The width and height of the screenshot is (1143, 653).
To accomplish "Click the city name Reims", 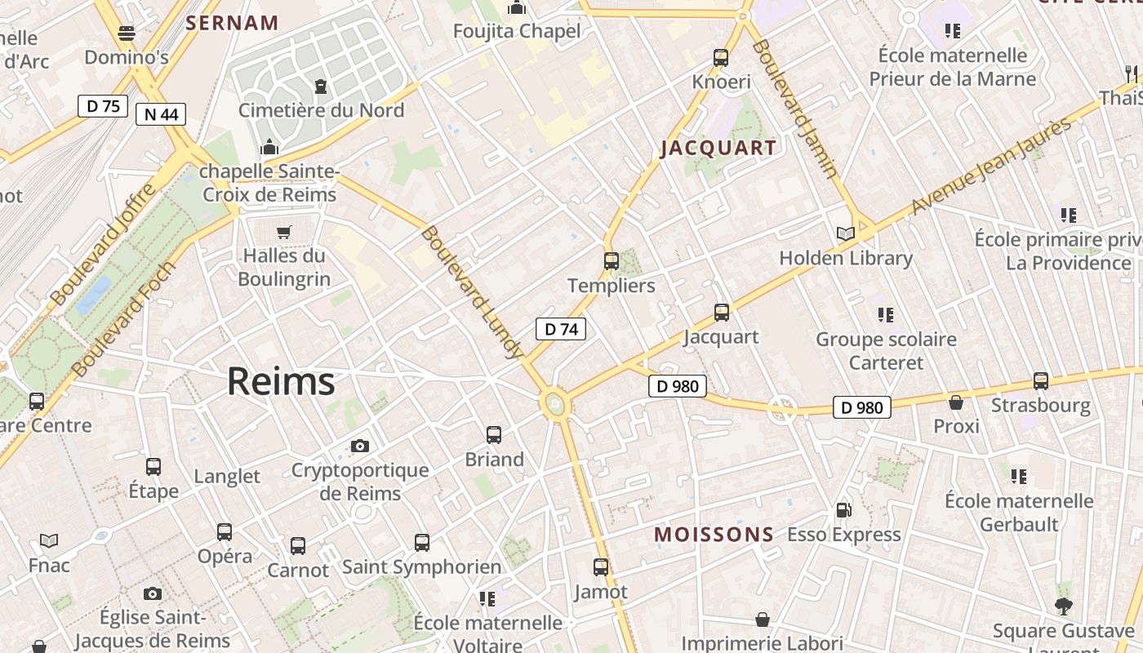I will click(281, 381).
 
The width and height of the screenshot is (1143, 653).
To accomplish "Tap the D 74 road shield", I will click(561, 329).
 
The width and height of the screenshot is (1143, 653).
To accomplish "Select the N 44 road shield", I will click(161, 114).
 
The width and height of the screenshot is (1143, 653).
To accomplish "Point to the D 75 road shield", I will click(103, 105).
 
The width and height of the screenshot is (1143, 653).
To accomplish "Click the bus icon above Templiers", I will click(612, 261).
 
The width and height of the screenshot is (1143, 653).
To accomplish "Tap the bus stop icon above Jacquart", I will click(722, 313).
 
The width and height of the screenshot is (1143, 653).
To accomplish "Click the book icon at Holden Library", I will click(846, 234).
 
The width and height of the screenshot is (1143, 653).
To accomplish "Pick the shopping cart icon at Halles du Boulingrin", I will click(284, 232).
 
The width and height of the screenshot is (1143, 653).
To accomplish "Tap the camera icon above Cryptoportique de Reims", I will click(360, 446).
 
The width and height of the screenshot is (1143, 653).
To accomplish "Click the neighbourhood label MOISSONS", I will click(714, 535).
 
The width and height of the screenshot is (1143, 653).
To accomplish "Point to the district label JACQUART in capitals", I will click(718, 148).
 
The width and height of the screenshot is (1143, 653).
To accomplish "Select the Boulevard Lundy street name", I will click(471, 292).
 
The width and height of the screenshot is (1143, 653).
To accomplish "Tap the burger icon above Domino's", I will click(127, 33).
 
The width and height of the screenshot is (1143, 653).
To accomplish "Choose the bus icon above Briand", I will click(494, 435).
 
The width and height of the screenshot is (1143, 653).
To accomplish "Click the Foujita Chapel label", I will click(518, 32).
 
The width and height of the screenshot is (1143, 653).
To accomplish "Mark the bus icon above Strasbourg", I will click(1041, 381).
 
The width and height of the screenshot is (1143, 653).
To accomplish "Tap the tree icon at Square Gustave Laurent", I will click(1063, 606).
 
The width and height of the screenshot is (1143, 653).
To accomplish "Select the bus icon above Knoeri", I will click(721, 58).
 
